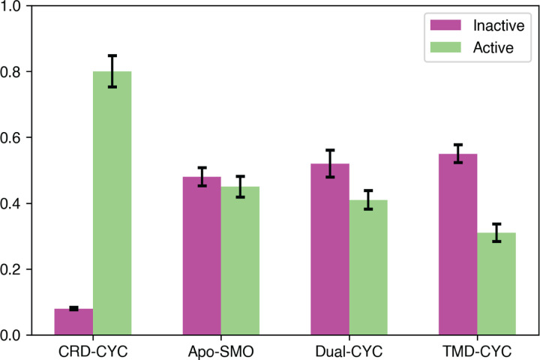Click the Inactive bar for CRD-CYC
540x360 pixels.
point(73,322)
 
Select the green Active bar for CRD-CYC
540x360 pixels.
point(112,203)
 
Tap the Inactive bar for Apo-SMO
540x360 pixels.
point(202,256)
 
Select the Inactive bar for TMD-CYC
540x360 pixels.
point(458,244)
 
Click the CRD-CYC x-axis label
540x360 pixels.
point(93,349)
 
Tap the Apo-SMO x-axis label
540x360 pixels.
point(221,349)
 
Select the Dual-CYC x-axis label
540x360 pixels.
point(349,349)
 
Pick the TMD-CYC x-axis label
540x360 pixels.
point(478,349)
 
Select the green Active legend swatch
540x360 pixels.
point(444,47)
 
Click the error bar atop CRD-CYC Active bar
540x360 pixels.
point(112,71)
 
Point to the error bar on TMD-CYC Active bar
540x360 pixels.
point(496,232)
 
